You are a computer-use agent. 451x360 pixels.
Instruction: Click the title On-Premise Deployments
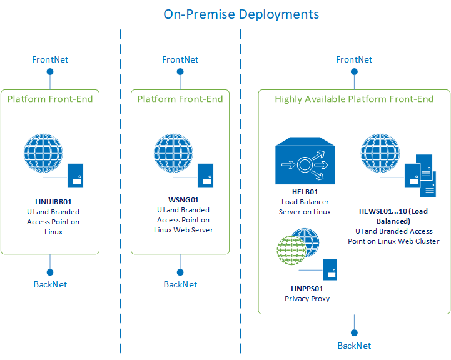(241, 14)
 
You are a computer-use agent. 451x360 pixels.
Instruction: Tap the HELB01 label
(305, 192)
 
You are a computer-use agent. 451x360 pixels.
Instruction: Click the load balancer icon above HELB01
(305, 164)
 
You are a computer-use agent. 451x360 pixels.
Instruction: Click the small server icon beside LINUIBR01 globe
(76, 176)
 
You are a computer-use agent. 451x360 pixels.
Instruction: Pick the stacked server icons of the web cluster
(420, 177)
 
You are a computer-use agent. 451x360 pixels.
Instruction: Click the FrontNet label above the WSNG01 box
(180, 59)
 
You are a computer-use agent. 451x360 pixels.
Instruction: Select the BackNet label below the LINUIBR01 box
(50, 284)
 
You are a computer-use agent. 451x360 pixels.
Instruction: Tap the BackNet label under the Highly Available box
(354, 346)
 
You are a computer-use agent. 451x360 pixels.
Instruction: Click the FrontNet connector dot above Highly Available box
(354, 71)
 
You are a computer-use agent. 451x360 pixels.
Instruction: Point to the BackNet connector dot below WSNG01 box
(180, 272)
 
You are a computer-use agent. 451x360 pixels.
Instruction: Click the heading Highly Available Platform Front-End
(354, 99)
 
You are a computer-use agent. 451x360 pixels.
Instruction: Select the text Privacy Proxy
(307, 299)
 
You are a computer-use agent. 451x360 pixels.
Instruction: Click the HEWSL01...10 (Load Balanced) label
(393, 216)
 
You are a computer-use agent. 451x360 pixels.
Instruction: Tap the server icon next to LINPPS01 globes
(330, 270)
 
